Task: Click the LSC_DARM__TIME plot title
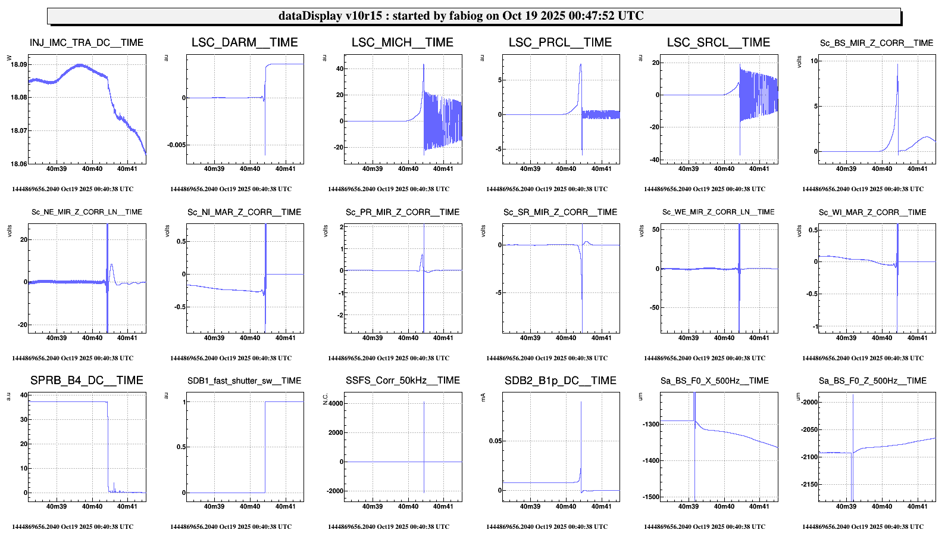tap(245, 43)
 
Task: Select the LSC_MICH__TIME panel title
tap(402, 43)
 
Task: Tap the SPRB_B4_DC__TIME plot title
tap(87, 381)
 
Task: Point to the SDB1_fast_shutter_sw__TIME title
tap(244, 381)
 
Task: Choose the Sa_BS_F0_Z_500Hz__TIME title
tap(872, 381)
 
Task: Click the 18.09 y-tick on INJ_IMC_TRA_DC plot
tap(19, 64)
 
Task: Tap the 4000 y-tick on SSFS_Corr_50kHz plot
tap(336, 404)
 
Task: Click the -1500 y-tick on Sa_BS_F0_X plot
tap(651, 497)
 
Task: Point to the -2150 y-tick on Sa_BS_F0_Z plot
tap(809, 485)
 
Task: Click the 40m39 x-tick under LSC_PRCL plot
tap(530, 169)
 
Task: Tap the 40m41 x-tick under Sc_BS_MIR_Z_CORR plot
tap(917, 169)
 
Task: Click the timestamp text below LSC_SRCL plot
tap(705, 189)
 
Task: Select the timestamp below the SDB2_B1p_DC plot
tap(547, 527)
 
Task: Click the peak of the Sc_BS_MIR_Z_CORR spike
tap(897, 64)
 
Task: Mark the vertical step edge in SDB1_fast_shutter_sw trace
tap(265, 447)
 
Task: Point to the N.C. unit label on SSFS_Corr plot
tap(325, 400)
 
